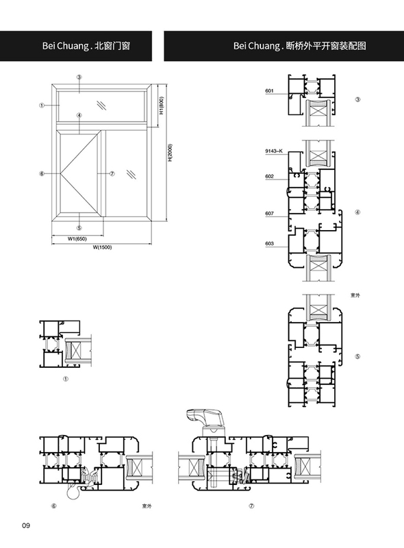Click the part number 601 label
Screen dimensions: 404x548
point(269,91)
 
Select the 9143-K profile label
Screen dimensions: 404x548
point(274,151)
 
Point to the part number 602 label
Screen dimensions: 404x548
point(269,177)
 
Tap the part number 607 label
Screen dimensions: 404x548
point(269,213)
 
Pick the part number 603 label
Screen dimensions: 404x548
point(269,244)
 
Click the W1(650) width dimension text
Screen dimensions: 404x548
point(77,239)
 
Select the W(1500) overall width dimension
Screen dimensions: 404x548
point(102,247)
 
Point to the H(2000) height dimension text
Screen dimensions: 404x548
point(171,153)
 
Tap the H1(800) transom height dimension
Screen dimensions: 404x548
point(162,105)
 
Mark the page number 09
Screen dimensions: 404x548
point(26,525)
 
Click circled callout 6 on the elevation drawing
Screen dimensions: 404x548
point(42,174)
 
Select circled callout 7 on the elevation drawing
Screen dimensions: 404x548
point(112,174)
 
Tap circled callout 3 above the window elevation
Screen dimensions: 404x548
point(79,77)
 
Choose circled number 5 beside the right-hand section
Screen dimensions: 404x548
point(357,357)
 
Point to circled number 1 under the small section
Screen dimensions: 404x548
point(65,379)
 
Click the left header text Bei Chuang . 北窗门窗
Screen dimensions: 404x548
point(86,46)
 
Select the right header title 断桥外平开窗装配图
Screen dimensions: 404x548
point(326,46)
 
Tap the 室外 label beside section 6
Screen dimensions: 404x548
point(147,506)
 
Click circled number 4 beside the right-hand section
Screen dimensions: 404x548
point(357,212)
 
